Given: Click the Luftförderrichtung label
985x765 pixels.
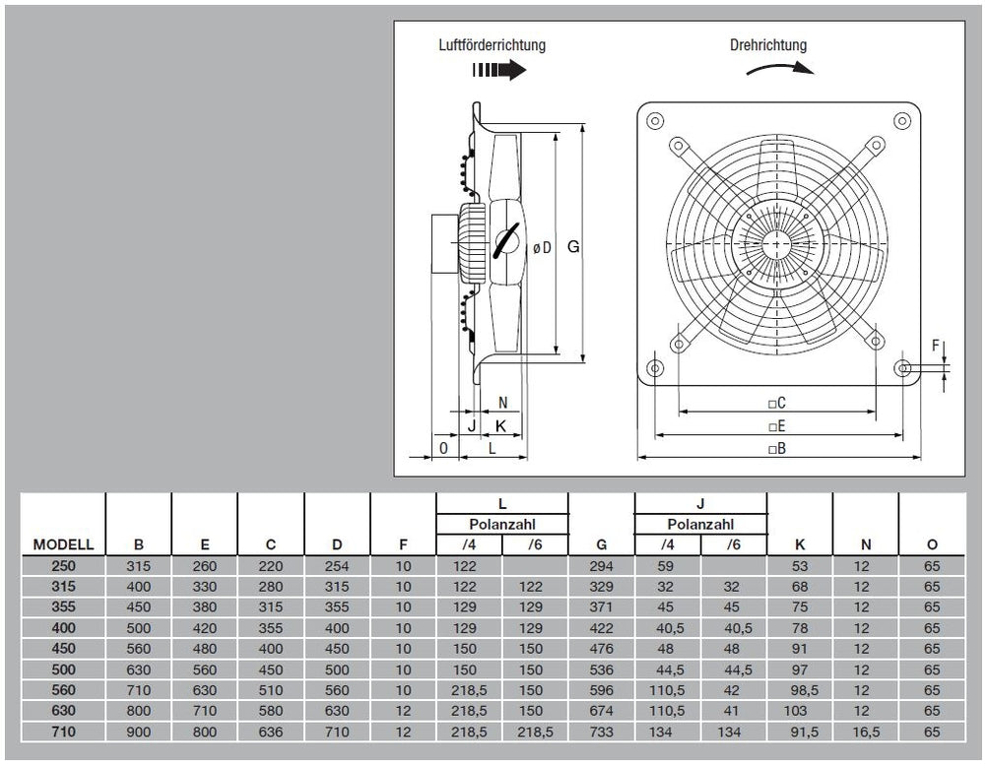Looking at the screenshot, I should click(x=492, y=45).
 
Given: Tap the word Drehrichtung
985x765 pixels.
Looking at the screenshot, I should click(x=768, y=45).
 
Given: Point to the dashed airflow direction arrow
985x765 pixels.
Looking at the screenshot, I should click(x=499, y=71).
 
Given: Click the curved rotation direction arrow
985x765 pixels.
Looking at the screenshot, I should click(x=779, y=68).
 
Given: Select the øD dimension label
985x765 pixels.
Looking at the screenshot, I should click(x=542, y=249).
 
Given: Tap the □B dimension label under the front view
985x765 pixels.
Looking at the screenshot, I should click(x=776, y=450).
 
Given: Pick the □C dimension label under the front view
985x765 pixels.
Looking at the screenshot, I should click(x=776, y=403).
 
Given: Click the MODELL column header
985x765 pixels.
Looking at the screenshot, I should click(x=63, y=544).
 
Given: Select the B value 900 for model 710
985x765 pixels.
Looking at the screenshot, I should click(x=139, y=733).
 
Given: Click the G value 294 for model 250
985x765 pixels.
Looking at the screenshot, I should click(x=601, y=566).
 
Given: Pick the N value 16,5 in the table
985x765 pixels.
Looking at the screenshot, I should click(x=866, y=733).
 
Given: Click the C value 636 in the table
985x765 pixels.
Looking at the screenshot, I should click(x=271, y=733).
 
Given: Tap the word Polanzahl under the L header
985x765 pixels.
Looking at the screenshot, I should click(x=502, y=524).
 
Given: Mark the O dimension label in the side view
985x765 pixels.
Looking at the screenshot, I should click(x=444, y=448).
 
